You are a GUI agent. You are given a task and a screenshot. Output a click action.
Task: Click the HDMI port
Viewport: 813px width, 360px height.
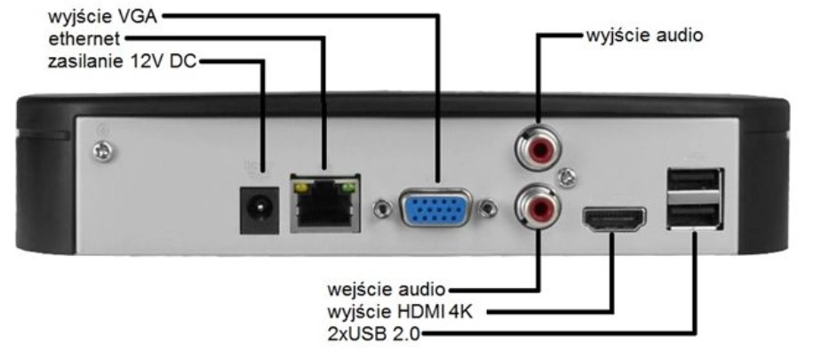pyautogui.click(x=614, y=220)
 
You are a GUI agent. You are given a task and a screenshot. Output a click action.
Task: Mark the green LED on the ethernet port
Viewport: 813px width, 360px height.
pyautogui.click(x=348, y=188)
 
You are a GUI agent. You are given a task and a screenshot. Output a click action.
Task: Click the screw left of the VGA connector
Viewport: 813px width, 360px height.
pyautogui.click(x=382, y=211)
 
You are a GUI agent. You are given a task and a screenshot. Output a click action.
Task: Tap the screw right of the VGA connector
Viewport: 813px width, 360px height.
pyautogui.click(x=488, y=211)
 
